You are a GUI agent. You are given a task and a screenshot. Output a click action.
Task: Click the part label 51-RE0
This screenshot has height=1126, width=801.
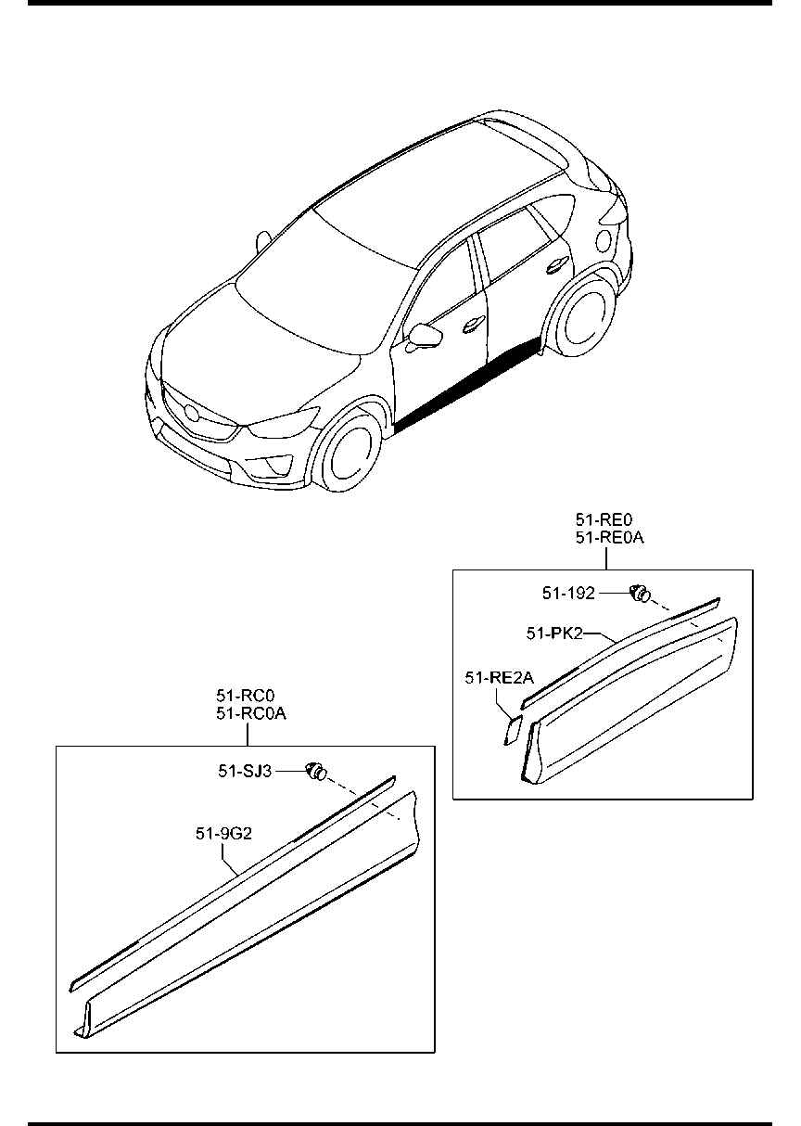(604, 519)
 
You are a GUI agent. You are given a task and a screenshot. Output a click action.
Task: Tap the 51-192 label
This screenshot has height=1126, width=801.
(568, 594)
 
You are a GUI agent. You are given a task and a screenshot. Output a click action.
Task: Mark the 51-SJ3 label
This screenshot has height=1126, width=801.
(245, 770)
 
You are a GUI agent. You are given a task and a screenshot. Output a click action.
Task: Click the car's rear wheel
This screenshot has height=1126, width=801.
(582, 320)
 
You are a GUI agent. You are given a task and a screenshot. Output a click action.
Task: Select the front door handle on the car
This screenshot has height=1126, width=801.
(474, 324)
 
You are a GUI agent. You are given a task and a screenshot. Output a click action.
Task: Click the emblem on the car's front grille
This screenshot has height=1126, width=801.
(191, 412)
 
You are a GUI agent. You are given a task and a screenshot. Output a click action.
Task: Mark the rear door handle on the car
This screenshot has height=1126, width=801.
(557, 264)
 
